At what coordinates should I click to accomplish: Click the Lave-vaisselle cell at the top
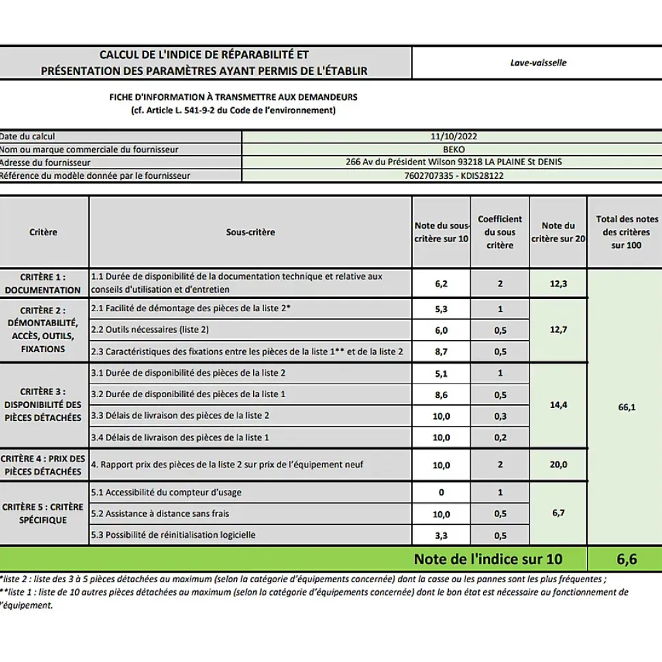(x=538, y=63)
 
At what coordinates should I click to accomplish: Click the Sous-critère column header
(x=250, y=232)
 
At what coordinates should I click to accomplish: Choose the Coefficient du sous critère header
(x=500, y=232)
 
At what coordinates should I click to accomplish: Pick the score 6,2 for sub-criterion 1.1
(x=441, y=284)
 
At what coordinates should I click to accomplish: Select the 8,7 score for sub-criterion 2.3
(x=441, y=351)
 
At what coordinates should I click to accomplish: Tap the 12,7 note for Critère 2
(x=558, y=330)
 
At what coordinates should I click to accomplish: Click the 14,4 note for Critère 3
(x=558, y=405)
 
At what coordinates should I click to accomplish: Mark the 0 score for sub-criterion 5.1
(x=441, y=493)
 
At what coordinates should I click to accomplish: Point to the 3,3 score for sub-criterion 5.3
(x=441, y=536)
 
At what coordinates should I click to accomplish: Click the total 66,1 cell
(x=626, y=407)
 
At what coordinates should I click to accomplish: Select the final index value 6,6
(x=626, y=559)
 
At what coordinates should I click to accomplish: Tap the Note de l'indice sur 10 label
(x=488, y=559)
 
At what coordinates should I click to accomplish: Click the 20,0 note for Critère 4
(x=558, y=465)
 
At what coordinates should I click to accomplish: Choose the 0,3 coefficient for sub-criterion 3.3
(x=500, y=416)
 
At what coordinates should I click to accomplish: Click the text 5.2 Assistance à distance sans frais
(x=160, y=514)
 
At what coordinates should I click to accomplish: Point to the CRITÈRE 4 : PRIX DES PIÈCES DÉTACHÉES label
(x=43, y=465)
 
